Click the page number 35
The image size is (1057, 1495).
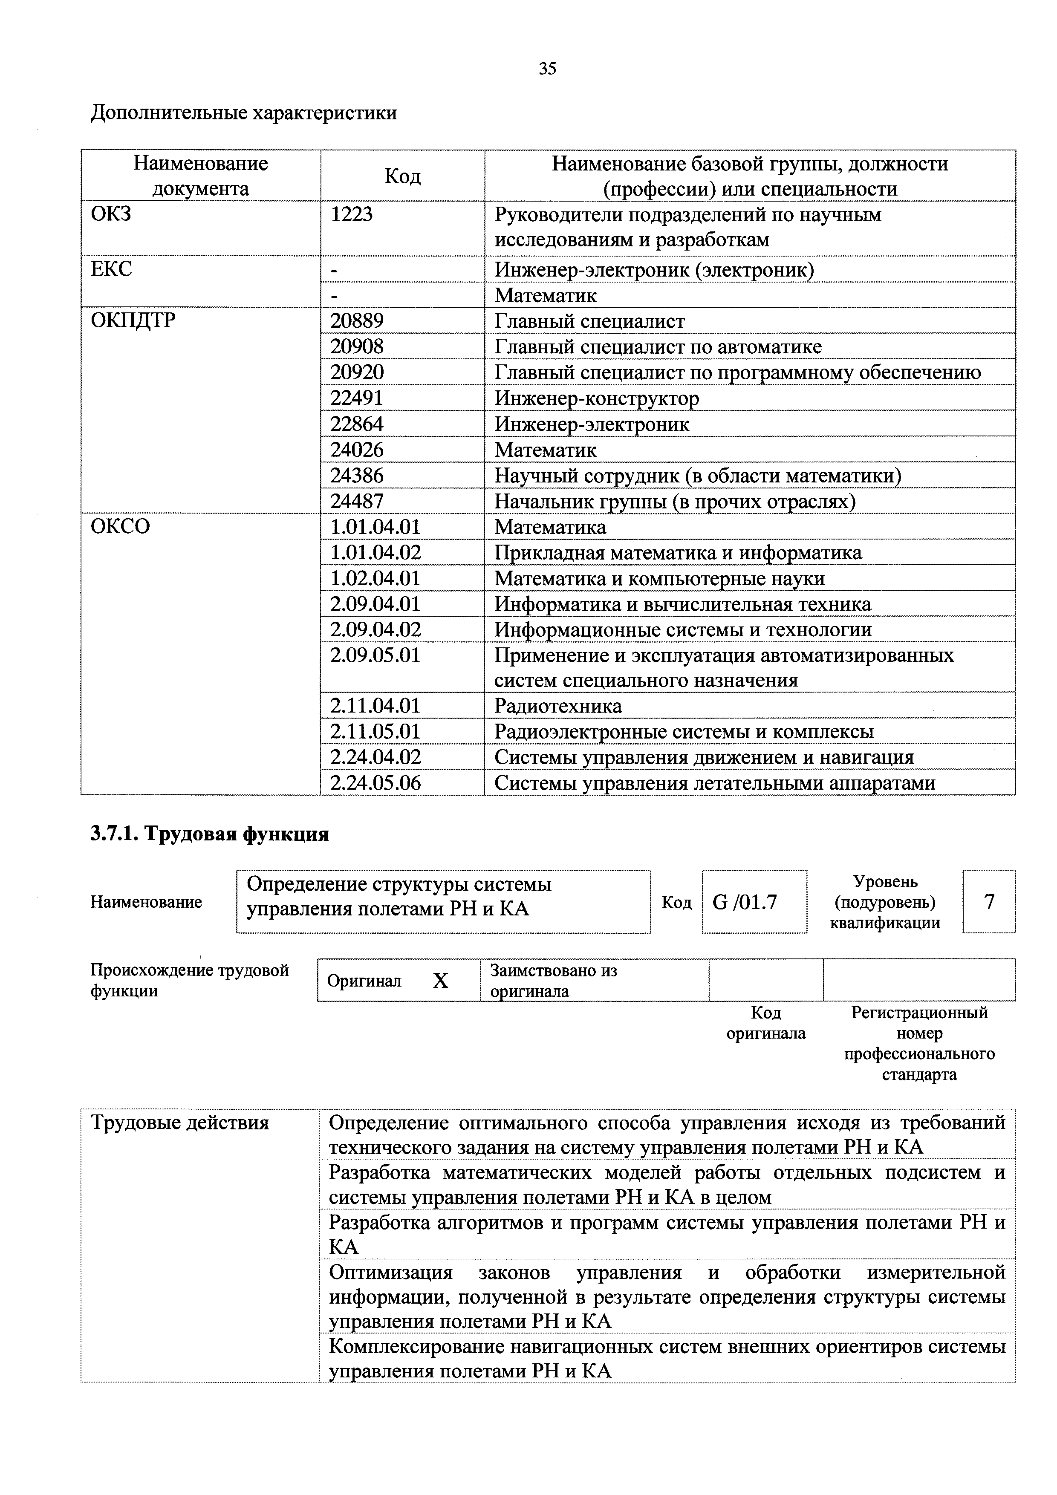pos(547,68)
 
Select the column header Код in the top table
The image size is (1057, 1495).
pos(402,176)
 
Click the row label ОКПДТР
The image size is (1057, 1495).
pos(133,320)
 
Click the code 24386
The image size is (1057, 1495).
pos(357,475)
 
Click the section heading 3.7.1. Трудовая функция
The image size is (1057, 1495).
pos(209,834)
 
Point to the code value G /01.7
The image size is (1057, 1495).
pos(745,902)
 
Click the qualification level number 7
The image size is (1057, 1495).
pos(989,902)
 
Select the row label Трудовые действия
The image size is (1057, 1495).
pos(180,1123)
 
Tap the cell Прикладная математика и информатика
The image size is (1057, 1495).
pos(677,553)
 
